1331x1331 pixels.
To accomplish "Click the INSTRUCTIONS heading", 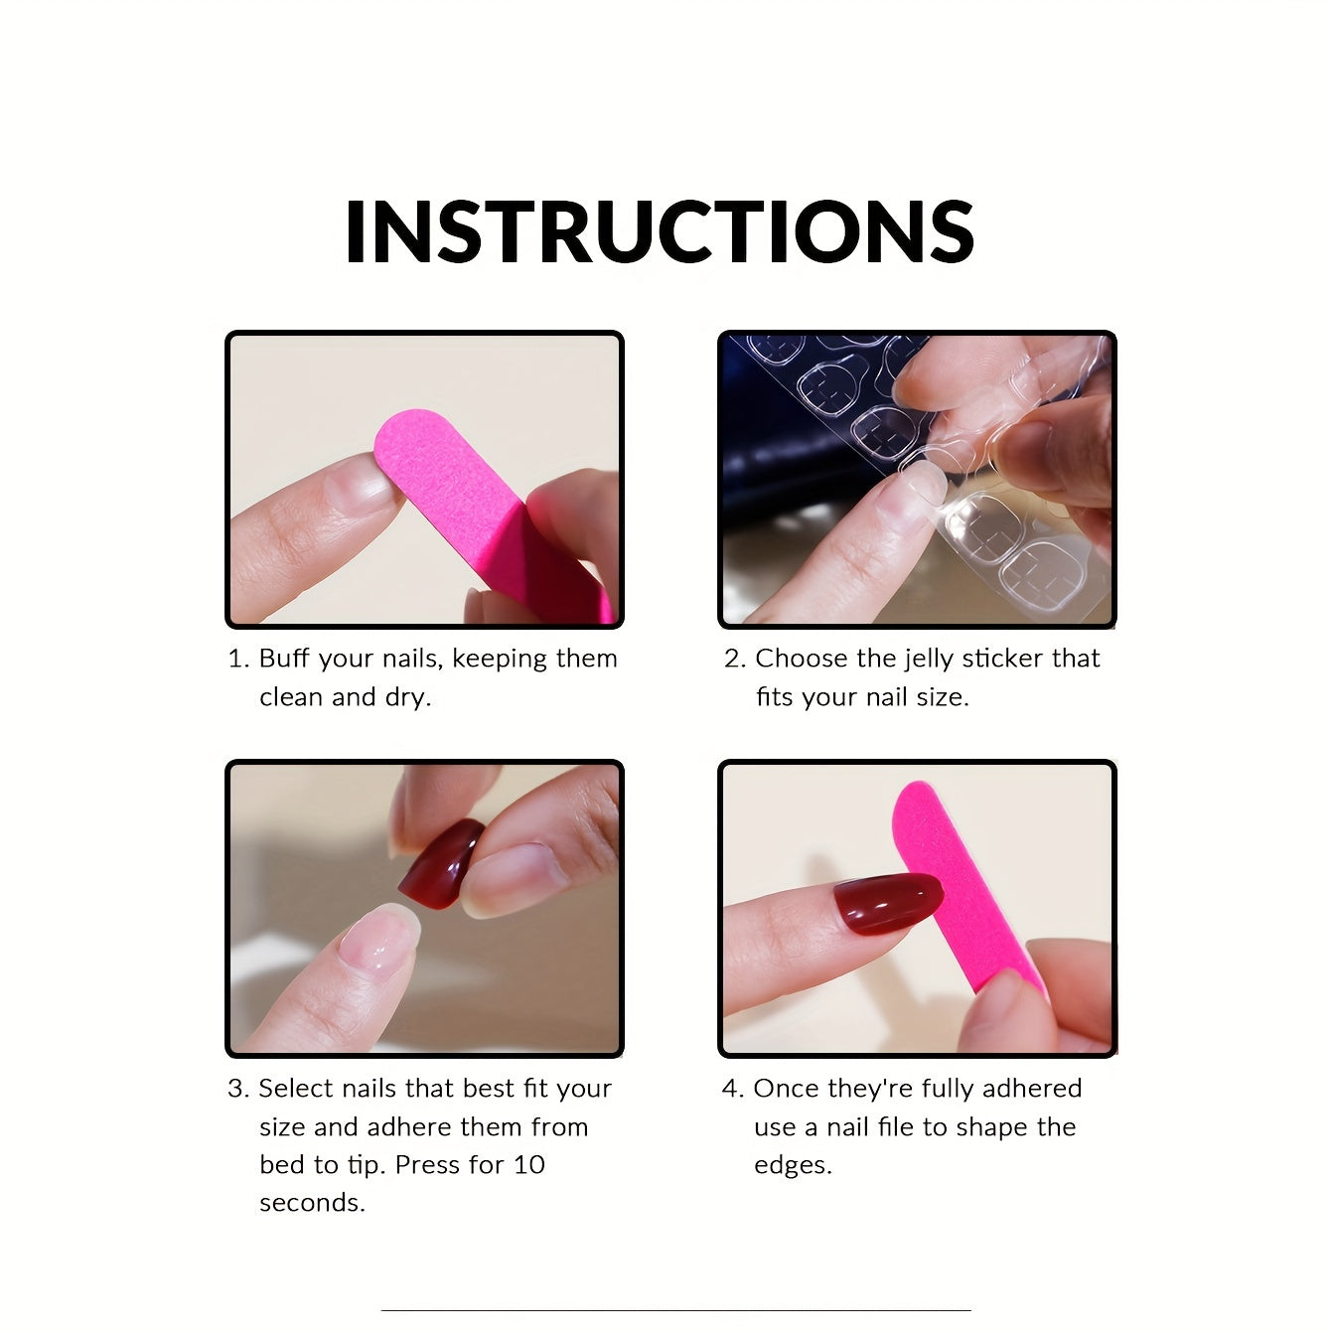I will click(660, 231).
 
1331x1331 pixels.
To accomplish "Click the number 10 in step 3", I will click(529, 1164).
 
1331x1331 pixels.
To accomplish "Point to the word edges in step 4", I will click(792, 1164).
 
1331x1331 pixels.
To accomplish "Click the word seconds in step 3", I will click(311, 1203).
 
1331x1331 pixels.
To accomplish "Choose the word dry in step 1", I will click(406, 697).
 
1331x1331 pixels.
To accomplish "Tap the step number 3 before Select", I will click(236, 1089).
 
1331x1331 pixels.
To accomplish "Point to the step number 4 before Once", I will click(730, 1089).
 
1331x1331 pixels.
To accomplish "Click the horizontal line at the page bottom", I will click(675, 1312).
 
